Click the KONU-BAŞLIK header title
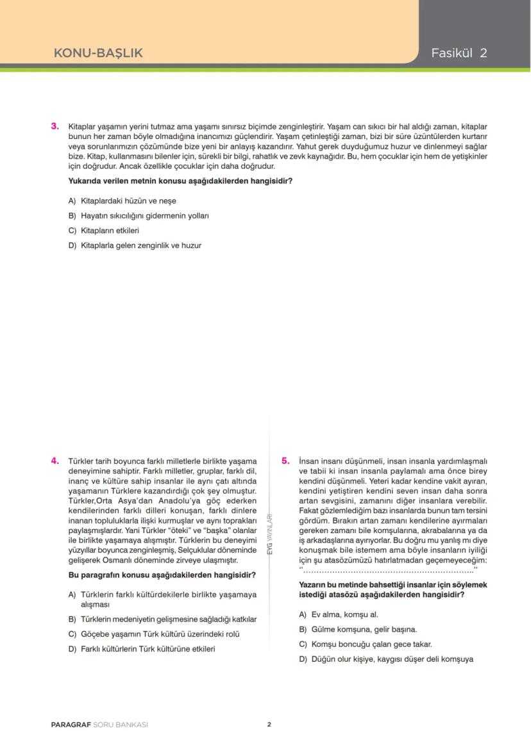pos(98,53)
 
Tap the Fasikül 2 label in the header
pos(459,53)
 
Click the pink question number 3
pos(55,126)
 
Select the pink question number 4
pos(55,461)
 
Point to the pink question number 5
pos(285,461)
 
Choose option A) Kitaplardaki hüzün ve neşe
pos(122,201)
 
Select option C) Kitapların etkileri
pos(103,231)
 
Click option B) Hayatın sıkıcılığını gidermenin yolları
pos(139,216)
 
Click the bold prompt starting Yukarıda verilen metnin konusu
pos(180,181)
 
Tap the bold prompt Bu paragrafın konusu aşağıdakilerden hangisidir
pos(162,575)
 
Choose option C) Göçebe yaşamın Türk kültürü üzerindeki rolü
pos(154,634)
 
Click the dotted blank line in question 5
pos(388,570)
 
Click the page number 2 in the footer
pos(269,725)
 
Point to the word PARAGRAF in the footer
pos(71,725)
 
